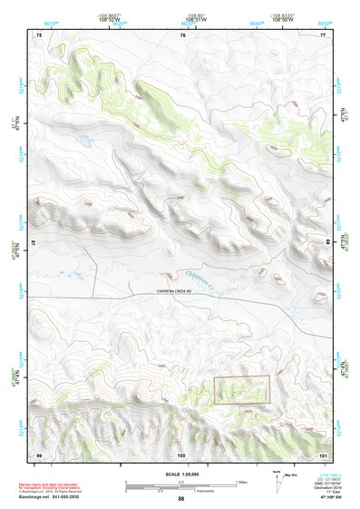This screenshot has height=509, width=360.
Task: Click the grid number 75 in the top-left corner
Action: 38,35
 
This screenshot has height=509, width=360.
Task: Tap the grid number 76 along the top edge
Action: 182,35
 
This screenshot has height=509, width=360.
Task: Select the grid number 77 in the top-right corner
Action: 322,35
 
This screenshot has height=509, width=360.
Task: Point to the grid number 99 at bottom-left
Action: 38,453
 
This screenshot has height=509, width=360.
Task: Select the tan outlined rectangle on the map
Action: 242,389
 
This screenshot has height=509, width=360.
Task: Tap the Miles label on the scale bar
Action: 242,481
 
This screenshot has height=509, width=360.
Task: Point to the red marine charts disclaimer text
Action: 59,485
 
